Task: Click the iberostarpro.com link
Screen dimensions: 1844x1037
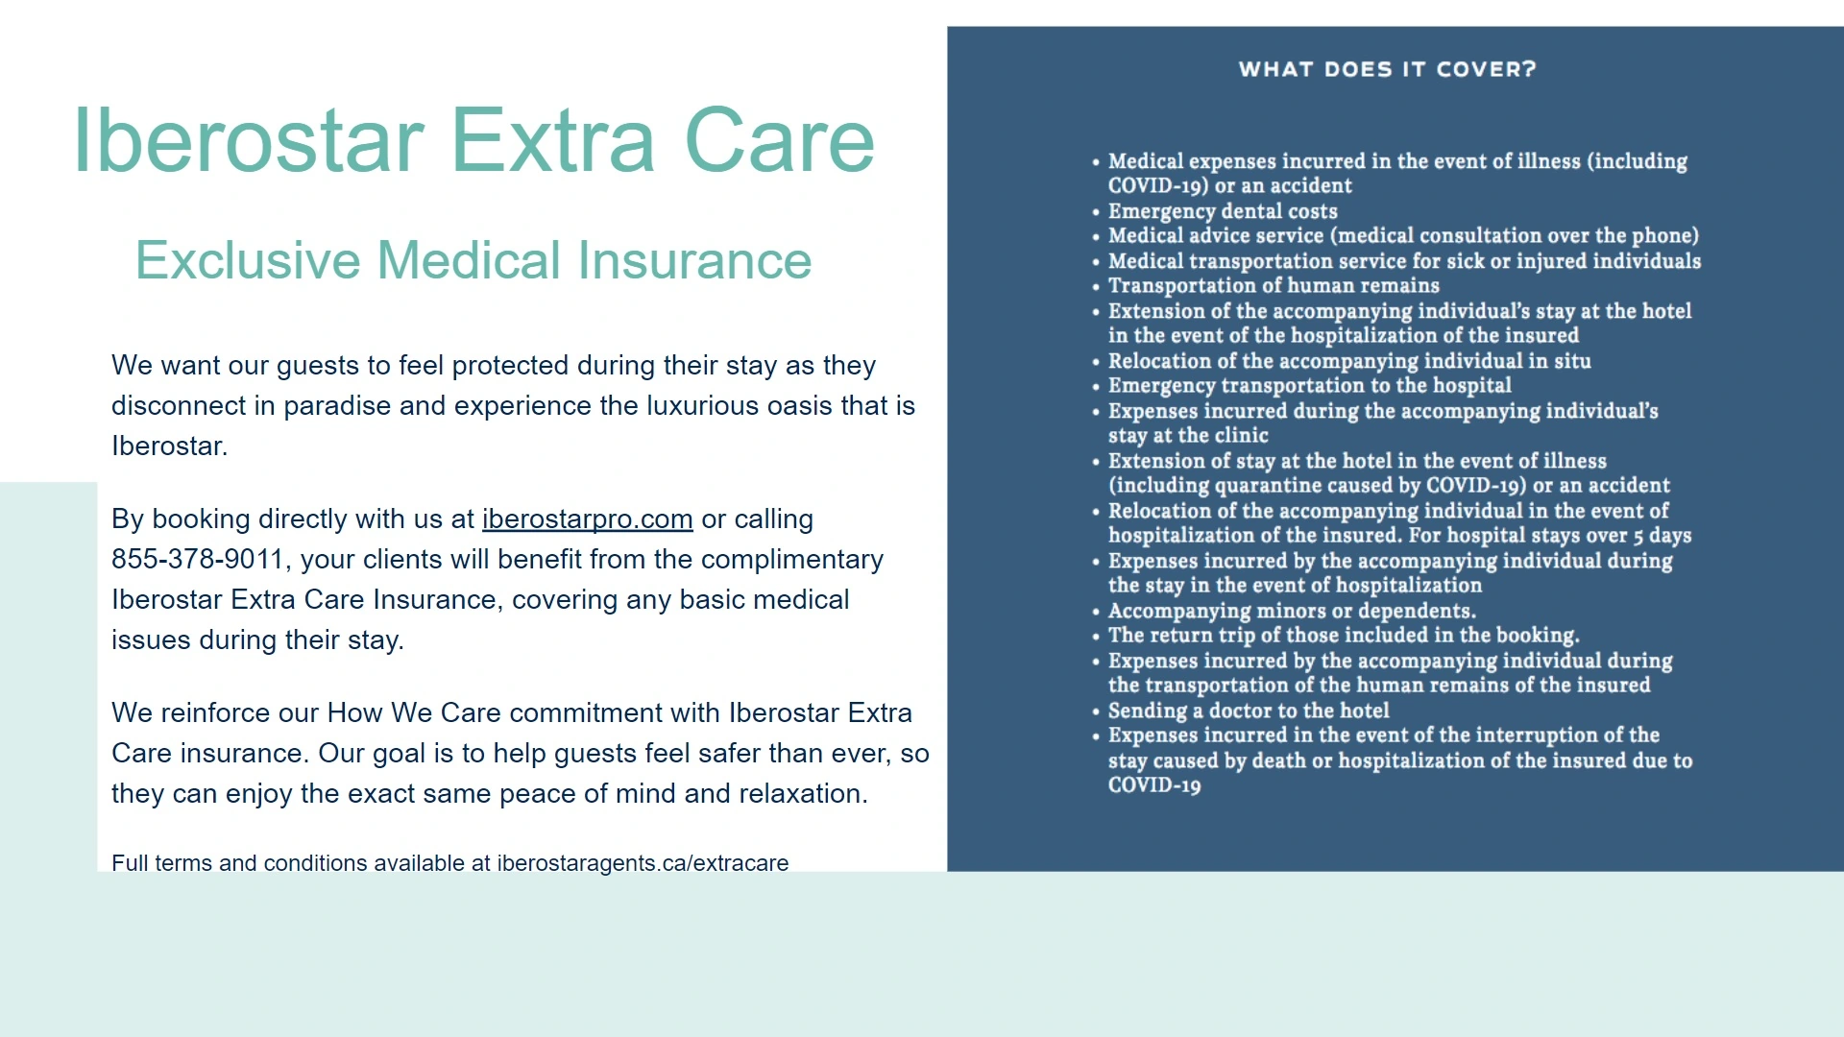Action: pos(587,519)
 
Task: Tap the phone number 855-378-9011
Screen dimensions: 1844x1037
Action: pos(198,560)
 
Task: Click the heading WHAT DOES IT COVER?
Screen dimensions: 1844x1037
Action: pos(1388,69)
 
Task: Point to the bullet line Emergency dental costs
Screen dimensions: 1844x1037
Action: pos(1223,211)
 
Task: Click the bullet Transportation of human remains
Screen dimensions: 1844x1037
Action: pos(1274,285)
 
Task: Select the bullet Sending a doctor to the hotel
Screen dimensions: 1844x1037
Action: pos(1249,711)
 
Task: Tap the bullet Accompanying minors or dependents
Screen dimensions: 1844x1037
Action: pos(1292,611)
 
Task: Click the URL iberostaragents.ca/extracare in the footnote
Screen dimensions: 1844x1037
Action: pos(643,863)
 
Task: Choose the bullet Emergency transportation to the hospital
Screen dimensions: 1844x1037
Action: pos(1310,386)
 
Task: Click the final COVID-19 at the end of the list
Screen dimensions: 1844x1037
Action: pos(1154,785)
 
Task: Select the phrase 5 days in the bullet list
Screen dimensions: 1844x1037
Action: pos(1662,536)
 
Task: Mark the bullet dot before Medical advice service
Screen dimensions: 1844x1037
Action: pos(1096,237)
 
